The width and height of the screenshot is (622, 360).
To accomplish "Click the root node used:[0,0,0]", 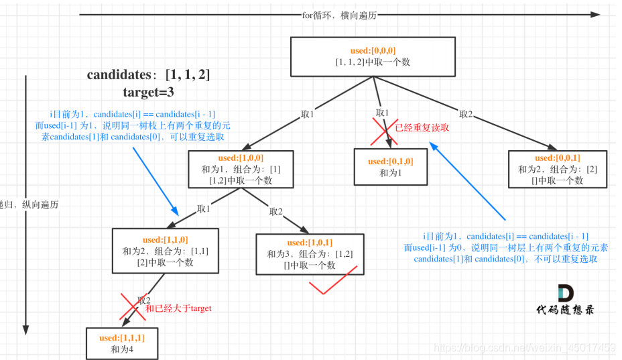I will [x=373, y=56].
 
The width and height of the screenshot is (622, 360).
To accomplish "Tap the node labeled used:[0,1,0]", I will [x=391, y=167].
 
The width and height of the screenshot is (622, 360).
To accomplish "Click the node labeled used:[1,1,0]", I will [x=165, y=251].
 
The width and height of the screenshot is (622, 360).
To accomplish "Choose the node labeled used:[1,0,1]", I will [x=310, y=253].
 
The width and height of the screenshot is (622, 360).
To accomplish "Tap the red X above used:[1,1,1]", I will [x=132, y=306].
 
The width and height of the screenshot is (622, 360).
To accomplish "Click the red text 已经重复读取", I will [x=422, y=128].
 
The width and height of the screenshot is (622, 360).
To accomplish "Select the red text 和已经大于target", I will [x=178, y=308].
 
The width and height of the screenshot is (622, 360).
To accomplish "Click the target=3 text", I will [x=148, y=92].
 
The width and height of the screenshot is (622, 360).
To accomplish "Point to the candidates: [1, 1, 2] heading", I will [x=148, y=74].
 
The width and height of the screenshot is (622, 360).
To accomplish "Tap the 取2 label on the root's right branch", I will [x=466, y=114].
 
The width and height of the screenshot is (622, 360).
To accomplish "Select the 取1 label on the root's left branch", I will [x=308, y=115].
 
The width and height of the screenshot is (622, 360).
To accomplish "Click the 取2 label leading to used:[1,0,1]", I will [x=276, y=211].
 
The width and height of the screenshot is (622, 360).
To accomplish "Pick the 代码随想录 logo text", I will [x=564, y=309].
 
